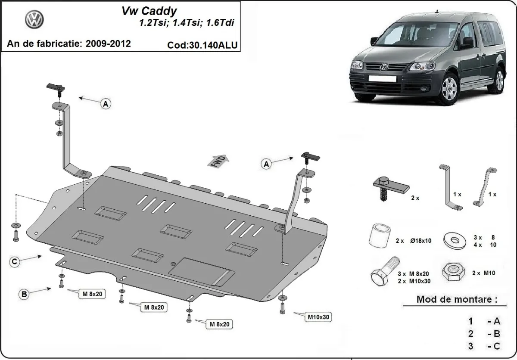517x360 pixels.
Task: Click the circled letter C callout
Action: coord(15,261)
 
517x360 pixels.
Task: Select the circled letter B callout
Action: coord(25,295)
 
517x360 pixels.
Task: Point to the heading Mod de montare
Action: coord(457,299)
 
